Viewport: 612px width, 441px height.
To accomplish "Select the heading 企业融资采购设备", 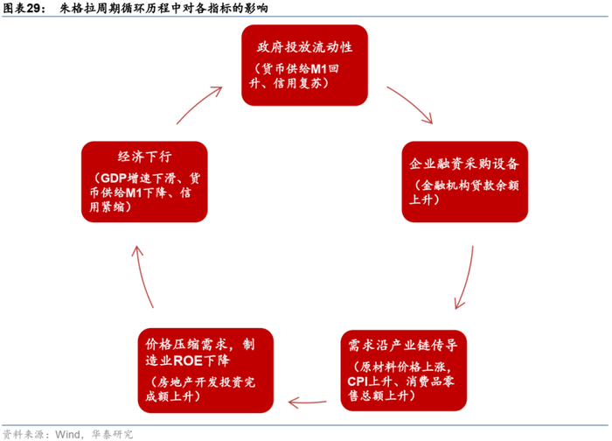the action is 464,164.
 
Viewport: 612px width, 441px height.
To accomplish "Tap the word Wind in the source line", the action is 71,433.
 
